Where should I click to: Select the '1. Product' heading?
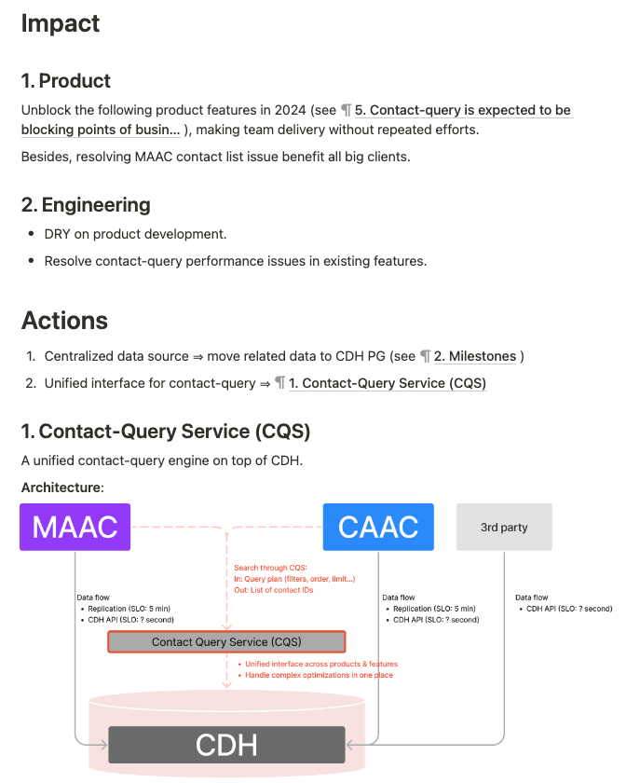(x=65, y=81)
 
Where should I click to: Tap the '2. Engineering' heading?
(x=86, y=205)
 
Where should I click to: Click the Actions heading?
(x=64, y=321)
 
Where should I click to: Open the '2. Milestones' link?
(x=475, y=356)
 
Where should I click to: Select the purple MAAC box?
(x=75, y=527)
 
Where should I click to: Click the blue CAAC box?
(x=378, y=527)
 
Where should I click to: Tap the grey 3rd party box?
(x=503, y=527)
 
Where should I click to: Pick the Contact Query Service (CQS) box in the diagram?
(x=226, y=642)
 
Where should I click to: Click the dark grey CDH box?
(x=226, y=745)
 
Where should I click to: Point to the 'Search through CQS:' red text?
(x=271, y=568)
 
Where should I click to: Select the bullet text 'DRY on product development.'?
(x=135, y=234)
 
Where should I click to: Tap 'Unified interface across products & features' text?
(x=321, y=665)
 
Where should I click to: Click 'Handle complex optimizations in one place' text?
(x=319, y=675)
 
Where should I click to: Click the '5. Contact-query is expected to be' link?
(x=463, y=110)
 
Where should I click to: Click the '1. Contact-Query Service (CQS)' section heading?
(x=165, y=432)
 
